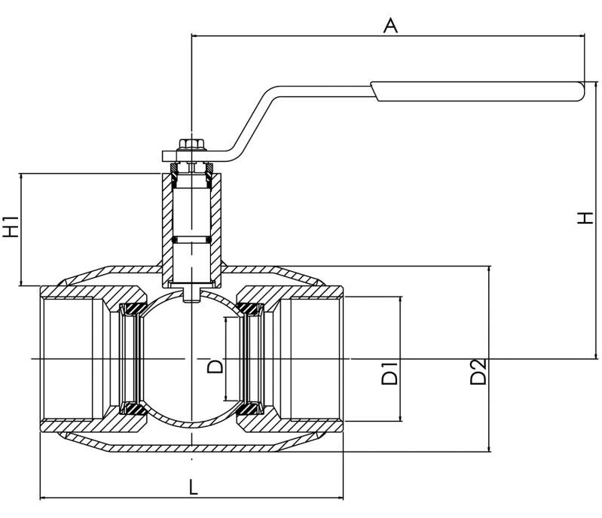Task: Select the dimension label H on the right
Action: (585, 218)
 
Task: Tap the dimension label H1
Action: (11, 227)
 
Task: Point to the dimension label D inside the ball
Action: (215, 366)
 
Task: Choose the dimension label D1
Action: (389, 374)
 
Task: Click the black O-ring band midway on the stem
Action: (191, 240)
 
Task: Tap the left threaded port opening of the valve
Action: (72, 359)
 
